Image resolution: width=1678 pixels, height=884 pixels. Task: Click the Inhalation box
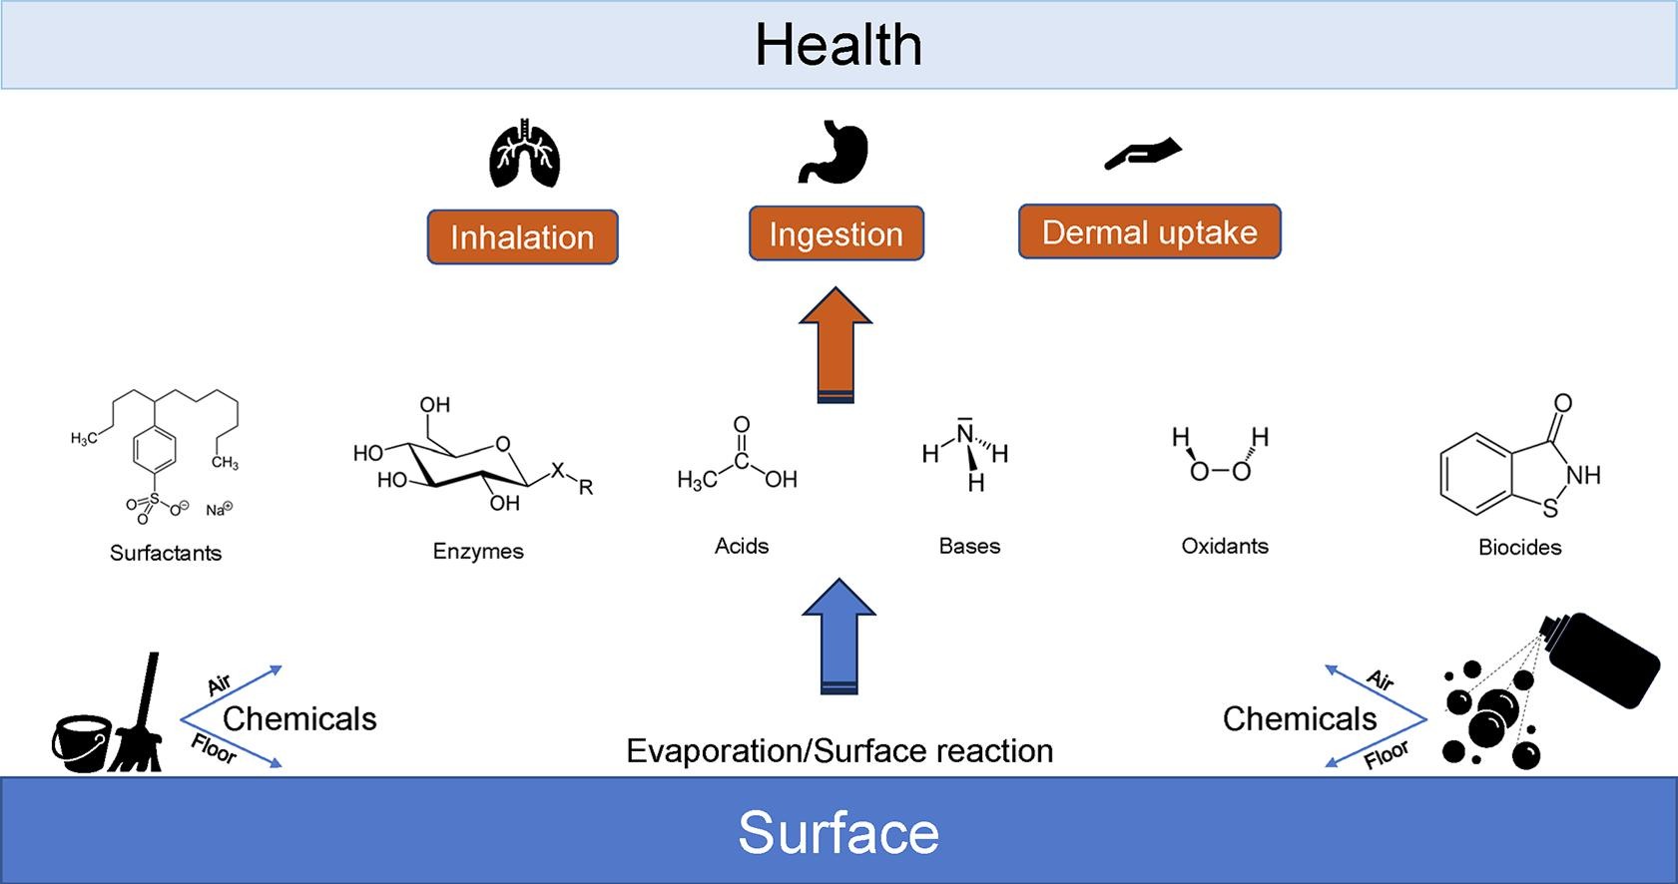point(522,237)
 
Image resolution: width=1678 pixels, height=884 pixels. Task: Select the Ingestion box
point(837,234)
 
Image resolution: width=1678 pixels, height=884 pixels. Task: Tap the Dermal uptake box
point(1149,232)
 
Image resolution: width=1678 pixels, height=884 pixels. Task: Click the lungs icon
point(524,155)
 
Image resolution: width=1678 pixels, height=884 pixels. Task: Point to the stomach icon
point(835,153)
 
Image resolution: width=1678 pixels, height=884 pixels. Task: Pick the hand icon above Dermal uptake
point(1143,153)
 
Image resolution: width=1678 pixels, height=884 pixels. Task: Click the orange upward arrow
point(836,344)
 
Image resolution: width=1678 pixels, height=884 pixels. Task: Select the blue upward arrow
point(839,636)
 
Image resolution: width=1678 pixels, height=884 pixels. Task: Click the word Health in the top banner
point(839,46)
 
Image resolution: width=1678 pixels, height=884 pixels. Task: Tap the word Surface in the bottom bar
point(839,832)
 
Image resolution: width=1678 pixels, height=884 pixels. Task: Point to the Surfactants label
point(166,553)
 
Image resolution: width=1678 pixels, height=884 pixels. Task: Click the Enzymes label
point(478,551)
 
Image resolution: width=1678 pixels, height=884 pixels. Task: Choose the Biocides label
point(1519,547)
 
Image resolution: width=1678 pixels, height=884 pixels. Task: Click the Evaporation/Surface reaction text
point(839,750)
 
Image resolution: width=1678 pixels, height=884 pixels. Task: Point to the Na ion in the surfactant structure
point(219,510)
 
